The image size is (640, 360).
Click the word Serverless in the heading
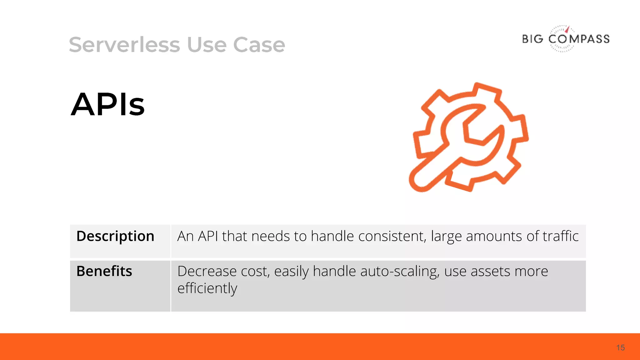coord(124,45)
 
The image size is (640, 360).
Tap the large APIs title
coord(108,104)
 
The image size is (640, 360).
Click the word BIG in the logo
coord(533,39)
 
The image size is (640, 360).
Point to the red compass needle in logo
coord(567,30)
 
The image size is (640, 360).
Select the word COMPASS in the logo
coord(579,39)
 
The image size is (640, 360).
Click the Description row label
coord(115,236)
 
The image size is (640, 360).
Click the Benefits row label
coord(104,271)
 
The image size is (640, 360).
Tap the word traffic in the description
coord(561,236)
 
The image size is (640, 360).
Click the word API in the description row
coord(208,236)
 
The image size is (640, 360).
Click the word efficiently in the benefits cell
coord(207,288)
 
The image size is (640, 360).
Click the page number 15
coord(620,348)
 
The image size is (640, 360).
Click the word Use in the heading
coord(207,45)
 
